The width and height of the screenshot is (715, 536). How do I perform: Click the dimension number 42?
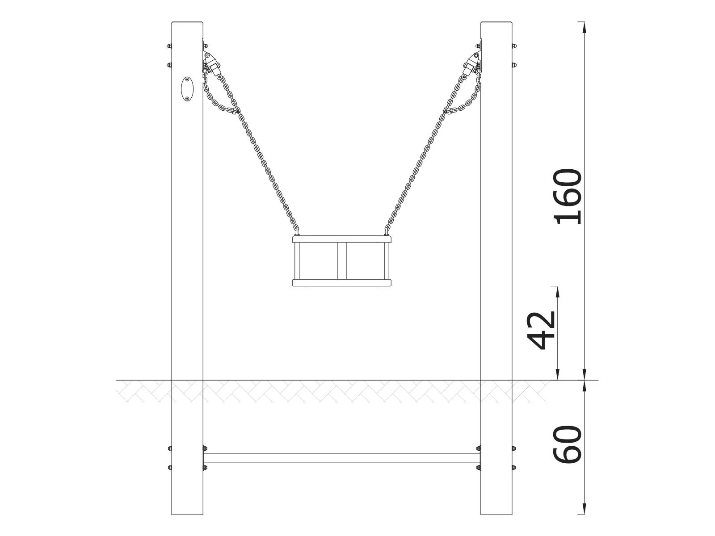tap(542, 330)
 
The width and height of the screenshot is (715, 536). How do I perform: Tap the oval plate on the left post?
tap(187, 89)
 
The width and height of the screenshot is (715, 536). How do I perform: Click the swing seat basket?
tap(342, 261)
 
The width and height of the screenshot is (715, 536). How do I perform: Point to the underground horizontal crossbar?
tap(342, 458)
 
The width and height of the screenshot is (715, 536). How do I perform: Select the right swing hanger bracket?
tap(472, 63)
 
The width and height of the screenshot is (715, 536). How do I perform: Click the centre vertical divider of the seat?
tap(342, 261)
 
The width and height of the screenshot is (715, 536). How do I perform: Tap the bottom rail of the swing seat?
tap(342, 282)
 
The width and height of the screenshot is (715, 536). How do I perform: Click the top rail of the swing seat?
tap(342, 239)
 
